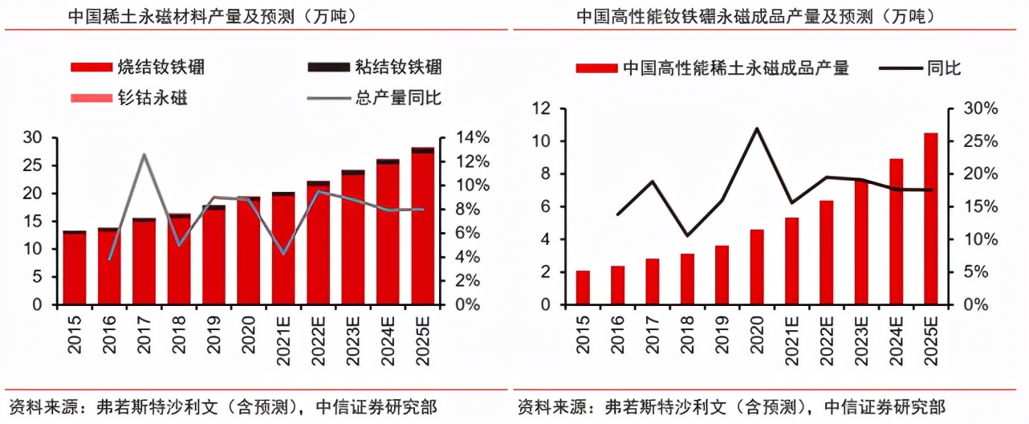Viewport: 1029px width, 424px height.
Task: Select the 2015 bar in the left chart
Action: (75, 268)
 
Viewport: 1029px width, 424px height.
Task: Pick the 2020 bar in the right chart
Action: (757, 267)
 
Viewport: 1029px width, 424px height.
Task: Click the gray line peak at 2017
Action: (144, 154)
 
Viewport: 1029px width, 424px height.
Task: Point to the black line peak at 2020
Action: (757, 128)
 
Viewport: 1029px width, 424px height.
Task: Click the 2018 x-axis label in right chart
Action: (687, 332)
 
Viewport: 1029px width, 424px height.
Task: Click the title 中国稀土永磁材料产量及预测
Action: (201, 15)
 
